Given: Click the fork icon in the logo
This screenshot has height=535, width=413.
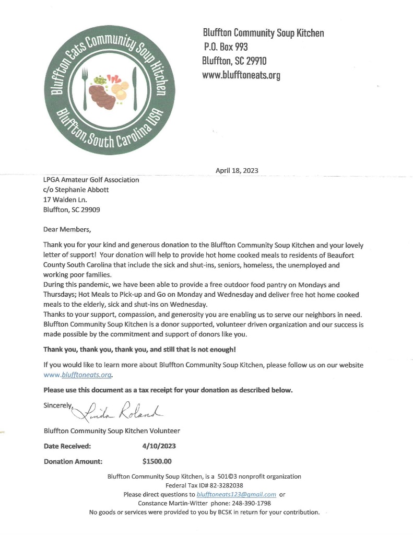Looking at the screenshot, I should (x=86, y=84).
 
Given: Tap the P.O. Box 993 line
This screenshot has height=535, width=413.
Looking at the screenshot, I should (x=226, y=47).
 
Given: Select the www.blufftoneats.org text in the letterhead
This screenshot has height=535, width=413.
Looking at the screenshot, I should (x=241, y=75).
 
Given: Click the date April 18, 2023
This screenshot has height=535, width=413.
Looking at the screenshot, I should (x=237, y=170).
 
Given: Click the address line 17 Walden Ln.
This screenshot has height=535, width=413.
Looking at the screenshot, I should (x=65, y=200).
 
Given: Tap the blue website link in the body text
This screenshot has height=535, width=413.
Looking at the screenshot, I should (x=79, y=375).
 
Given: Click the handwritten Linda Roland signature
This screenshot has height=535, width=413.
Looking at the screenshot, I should (x=125, y=411).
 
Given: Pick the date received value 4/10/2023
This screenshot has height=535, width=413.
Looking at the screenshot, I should (x=159, y=446).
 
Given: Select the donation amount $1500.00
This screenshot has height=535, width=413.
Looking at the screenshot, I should (x=157, y=461).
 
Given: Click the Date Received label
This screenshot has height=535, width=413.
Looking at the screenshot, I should (x=67, y=446).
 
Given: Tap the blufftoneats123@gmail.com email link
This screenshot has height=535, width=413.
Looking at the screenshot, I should (x=236, y=494).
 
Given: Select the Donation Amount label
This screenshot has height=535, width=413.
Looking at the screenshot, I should (x=73, y=461).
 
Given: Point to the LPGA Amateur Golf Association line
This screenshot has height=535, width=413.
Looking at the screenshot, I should (x=91, y=180).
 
